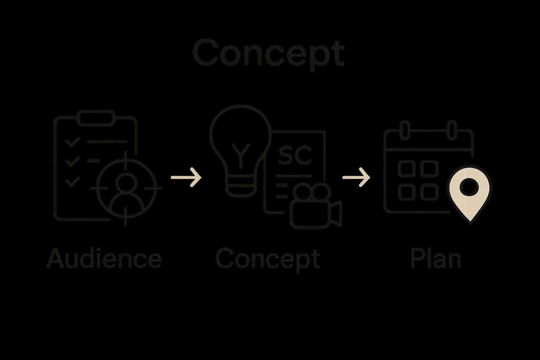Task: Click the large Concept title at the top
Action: pyautogui.click(x=268, y=53)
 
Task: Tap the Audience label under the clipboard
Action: pyautogui.click(x=104, y=259)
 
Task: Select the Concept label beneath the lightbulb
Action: pyautogui.click(x=268, y=259)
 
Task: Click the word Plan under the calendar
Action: pyautogui.click(x=436, y=259)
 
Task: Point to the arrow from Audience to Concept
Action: pyautogui.click(x=186, y=177)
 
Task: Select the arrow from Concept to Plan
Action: pyautogui.click(x=356, y=177)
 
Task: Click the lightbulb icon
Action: pyautogui.click(x=240, y=141)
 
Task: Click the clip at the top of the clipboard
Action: pyautogui.click(x=96, y=118)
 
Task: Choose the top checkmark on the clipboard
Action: pyautogui.click(x=72, y=142)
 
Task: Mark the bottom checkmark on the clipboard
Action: pyautogui.click(x=72, y=181)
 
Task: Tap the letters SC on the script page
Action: pyautogui.click(x=295, y=155)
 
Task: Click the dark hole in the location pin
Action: pyautogui.click(x=469, y=187)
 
